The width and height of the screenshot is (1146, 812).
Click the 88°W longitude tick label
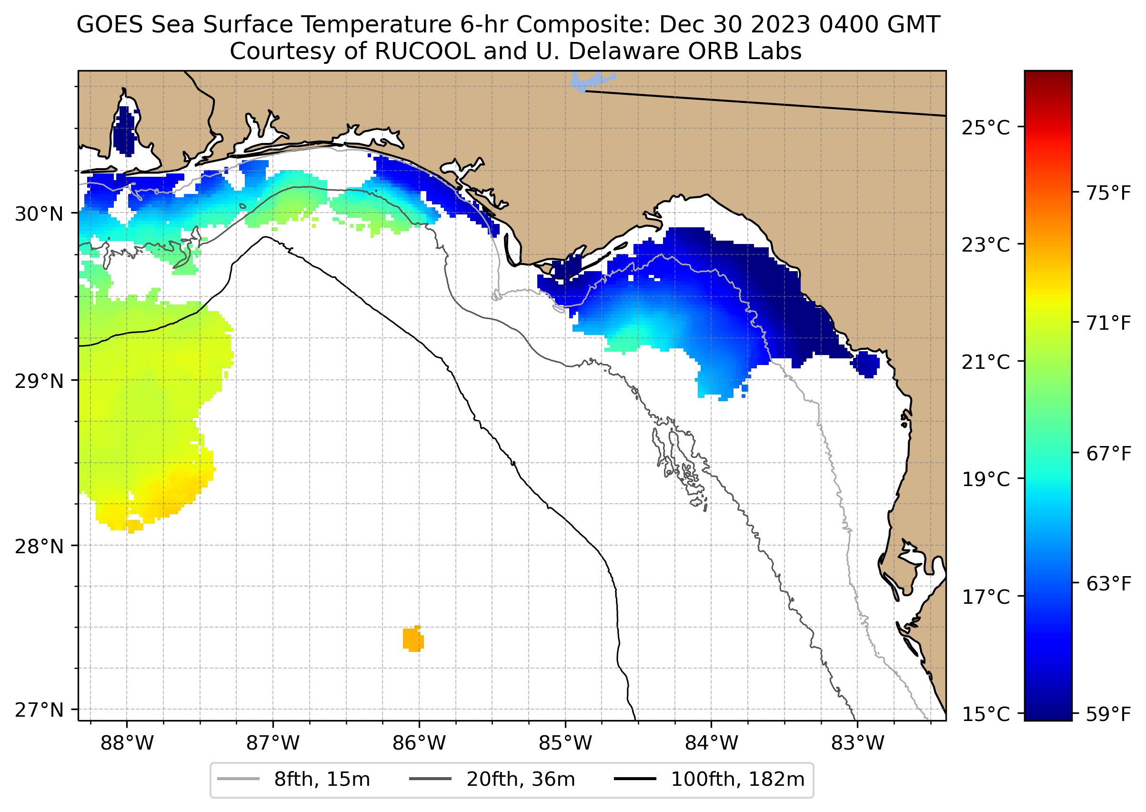pyautogui.click(x=127, y=743)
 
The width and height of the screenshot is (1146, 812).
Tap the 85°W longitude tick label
pyautogui.click(x=565, y=743)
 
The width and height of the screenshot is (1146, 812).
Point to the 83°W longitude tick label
pyautogui.click(x=858, y=743)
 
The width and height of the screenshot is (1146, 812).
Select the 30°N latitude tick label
pyautogui.click(x=39, y=214)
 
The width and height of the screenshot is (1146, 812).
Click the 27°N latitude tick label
pyautogui.click(x=39, y=710)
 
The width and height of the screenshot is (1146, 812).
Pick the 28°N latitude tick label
pyautogui.click(x=39, y=547)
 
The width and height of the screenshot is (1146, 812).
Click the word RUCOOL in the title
pyautogui.click(x=424, y=51)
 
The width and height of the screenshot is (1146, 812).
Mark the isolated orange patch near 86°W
pyautogui.click(x=413, y=639)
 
